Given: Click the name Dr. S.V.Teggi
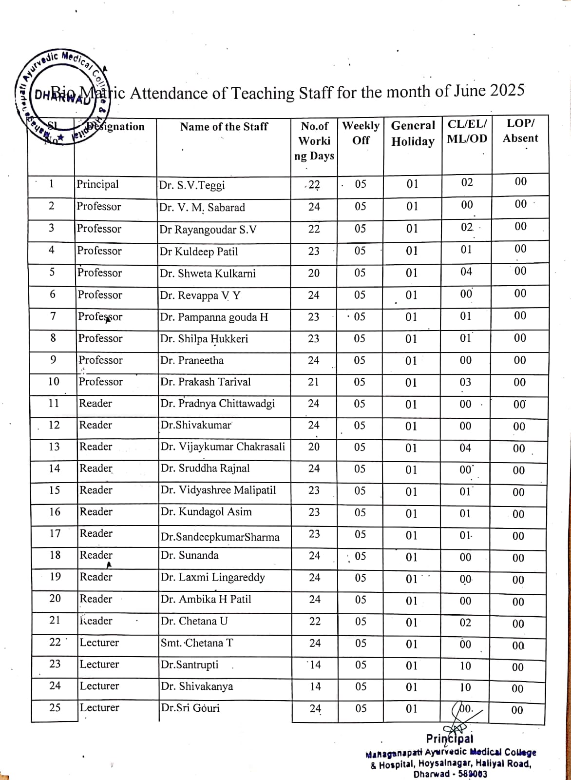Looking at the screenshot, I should click(x=192, y=186).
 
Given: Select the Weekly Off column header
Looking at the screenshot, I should click(x=361, y=133).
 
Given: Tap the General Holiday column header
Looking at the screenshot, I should click(x=413, y=133).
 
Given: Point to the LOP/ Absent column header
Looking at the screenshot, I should click(x=520, y=131).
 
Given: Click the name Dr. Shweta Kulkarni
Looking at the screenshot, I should click(x=208, y=273).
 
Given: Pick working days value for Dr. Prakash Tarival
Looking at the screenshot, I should click(x=314, y=382).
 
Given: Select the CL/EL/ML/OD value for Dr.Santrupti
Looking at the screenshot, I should click(x=466, y=666).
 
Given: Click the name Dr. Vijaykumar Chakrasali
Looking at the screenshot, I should click(x=223, y=447).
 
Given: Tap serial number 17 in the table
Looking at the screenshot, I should click(x=55, y=534).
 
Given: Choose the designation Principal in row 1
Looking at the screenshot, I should click(x=97, y=184).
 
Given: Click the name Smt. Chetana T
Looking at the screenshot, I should click(x=197, y=643).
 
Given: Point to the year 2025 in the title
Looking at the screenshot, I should click(x=507, y=91).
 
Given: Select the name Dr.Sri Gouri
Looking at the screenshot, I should click(x=190, y=708).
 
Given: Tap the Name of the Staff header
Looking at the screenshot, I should click(x=224, y=127).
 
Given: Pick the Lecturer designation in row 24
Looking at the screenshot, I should click(x=99, y=686).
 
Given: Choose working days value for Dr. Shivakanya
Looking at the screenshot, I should click(x=315, y=687).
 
